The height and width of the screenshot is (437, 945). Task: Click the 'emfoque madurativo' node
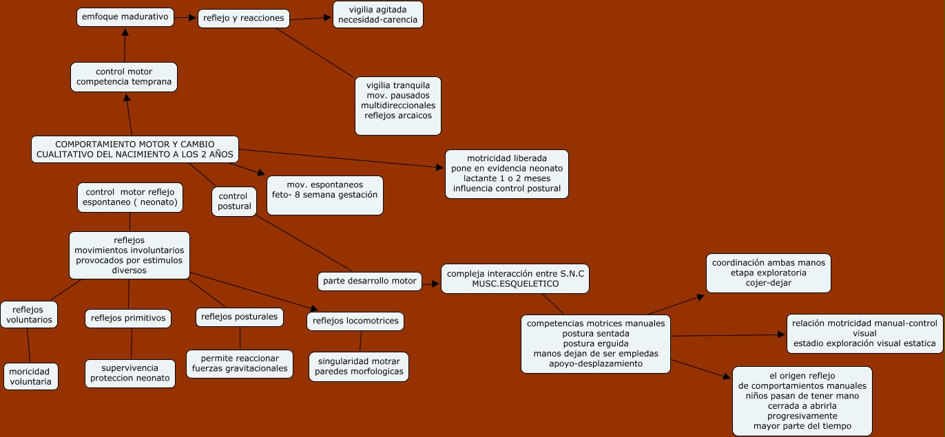[x=124, y=17]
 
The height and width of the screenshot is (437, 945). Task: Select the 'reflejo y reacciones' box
[x=243, y=19]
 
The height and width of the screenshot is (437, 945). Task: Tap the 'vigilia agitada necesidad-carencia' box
[x=377, y=14]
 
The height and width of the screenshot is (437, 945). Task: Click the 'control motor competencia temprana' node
[x=124, y=77]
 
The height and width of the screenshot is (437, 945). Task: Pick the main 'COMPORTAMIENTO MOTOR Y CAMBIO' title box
[x=135, y=149]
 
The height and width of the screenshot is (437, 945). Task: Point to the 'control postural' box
[x=234, y=202]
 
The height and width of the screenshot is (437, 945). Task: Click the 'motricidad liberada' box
[x=506, y=174]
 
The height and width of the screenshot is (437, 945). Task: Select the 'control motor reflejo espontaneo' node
[x=130, y=197]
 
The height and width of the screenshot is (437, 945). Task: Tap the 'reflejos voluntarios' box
[x=28, y=315]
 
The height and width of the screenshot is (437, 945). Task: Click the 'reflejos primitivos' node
[x=128, y=318]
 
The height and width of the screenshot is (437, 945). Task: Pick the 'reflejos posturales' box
[x=240, y=317]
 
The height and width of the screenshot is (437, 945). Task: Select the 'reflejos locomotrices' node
[x=355, y=321]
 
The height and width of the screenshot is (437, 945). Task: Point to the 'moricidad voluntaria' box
[x=30, y=376]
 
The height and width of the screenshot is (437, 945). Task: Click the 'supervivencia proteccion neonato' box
[x=130, y=373]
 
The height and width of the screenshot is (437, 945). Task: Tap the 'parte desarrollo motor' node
[x=370, y=281]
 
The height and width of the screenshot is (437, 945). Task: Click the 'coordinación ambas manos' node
[x=769, y=273]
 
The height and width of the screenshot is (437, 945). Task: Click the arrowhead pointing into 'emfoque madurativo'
[x=125, y=33]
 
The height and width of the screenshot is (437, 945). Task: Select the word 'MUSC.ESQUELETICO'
[x=515, y=284]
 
